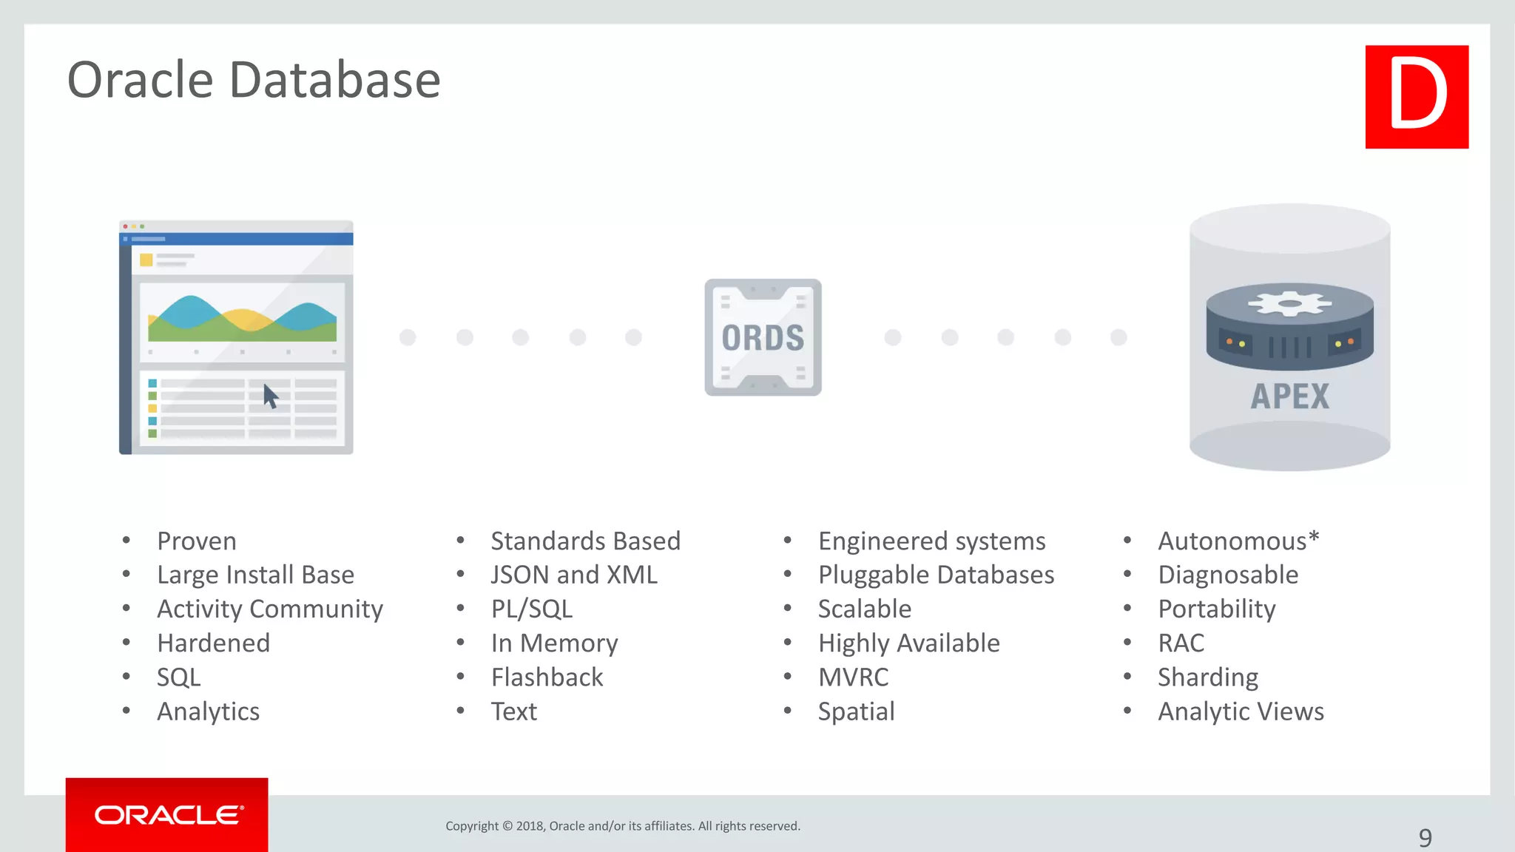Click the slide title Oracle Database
pyautogui.click(x=254, y=80)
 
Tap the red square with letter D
pyautogui.click(x=1417, y=97)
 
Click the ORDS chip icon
pyautogui.click(x=763, y=337)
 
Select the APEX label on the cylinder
pyautogui.click(x=1289, y=396)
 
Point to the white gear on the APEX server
pyautogui.click(x=1289, y=303)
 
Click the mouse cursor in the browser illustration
pyautogui.click(x=270, y=396)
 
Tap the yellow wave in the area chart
pyautogui.click(x=246, y=319)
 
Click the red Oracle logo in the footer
pyautogui.click(x=167, y=814)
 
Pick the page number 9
pyautogui.click(x=1425, y=838)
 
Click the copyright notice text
pyautogui.click(x=623, y=826)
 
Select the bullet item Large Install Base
pyautogui.click(x=255, y=575)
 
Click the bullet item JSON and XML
pyautogui.click(x=574, y=575)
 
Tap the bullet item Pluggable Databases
pyautogui.click(x=936, y=575)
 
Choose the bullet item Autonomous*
pyautogui.click(x=1238, y=541)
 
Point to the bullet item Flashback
pyautogui.click(x=547, y=677)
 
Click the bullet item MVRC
pyautogui.click(x=853, y=677)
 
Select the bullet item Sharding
pyautogui.click(x=1207, y=677)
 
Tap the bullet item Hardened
pyautogui.click(x=213, y=643)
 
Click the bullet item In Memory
pyautogui.click(x=554, y=643)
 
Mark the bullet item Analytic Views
pyautogui.click(x=1241, y=711)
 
